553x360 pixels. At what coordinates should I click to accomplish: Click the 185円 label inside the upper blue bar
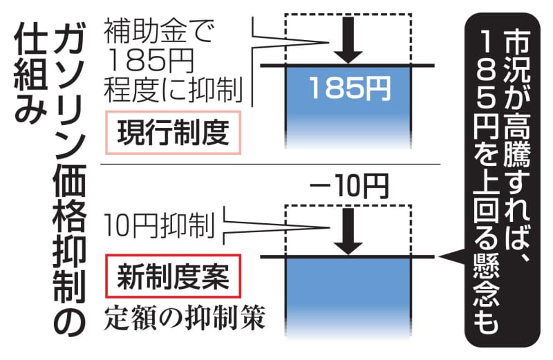click(349, 88)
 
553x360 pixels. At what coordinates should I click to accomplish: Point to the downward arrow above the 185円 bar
click(349, 39)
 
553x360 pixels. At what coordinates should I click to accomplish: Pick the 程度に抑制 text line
click(172, 88)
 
